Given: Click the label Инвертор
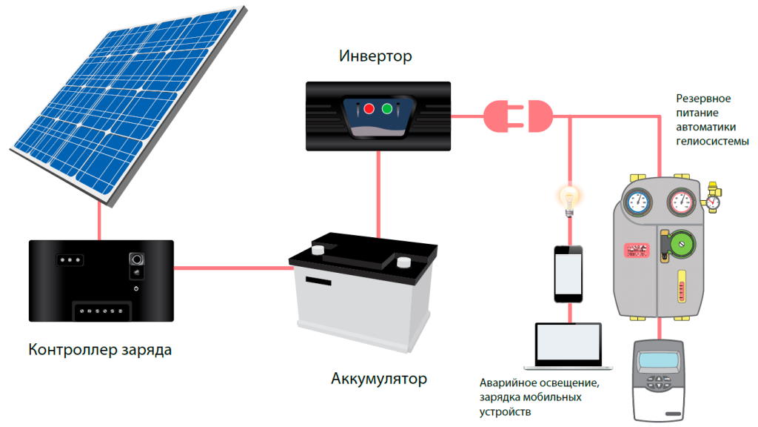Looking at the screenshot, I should pyautogui.click(x=375, y=56).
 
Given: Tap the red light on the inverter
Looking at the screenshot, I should pyautogui.click(x=369, y=109).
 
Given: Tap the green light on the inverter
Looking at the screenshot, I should pyautogui.click(x=387, y=109).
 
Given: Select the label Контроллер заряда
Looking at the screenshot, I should pyautogui.click(x=100, y=349).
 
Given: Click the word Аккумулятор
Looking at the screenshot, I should pyautogui.click(x=379, y=380).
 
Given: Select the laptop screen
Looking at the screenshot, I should pyautogui.click(x=568, y=343).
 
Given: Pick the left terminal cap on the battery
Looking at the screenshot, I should pyautogui.click(x=318, y=250).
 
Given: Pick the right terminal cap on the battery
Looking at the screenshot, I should pyautogui.click(x=403, y=262).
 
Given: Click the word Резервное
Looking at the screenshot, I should pyautogui.click(x=704, y=99).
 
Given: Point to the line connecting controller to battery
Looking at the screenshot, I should pyautogui.click(x=229, y=268).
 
